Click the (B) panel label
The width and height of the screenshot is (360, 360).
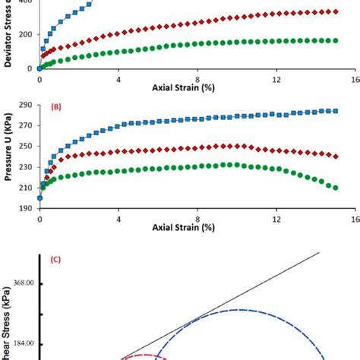[55, 108]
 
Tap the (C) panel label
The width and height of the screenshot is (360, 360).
[55, 259]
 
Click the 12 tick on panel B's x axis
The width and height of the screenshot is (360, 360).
[276, 218]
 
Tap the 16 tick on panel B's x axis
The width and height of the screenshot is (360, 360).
[355, 218]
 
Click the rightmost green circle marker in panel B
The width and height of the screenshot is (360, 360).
[336, 188]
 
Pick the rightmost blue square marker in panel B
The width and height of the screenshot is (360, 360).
[336, 111]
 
